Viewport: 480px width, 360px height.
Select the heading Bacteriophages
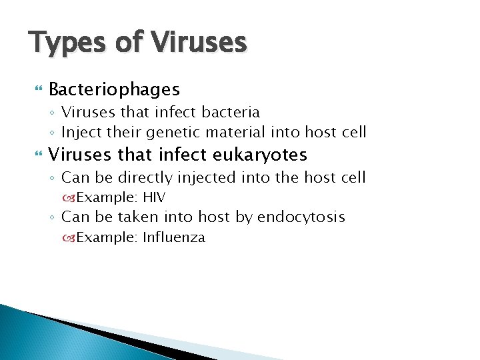114,89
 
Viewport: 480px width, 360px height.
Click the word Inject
81,132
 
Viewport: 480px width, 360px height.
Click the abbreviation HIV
154,197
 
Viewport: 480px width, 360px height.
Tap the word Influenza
173,237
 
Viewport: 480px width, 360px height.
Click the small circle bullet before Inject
53,133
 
